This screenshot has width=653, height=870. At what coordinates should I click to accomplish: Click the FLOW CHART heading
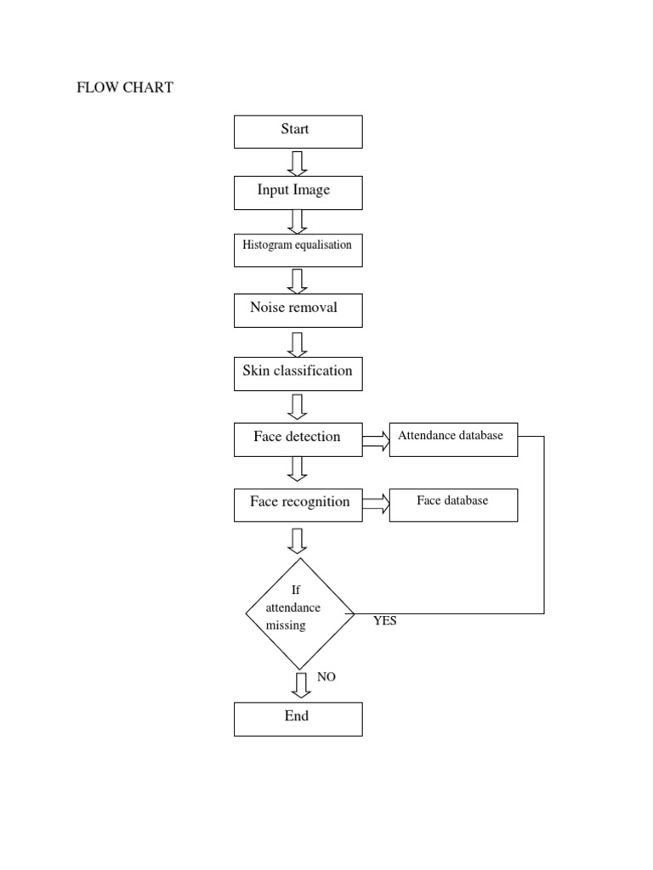coord(125,88)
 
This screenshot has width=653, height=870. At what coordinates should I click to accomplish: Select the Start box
coord(298,132)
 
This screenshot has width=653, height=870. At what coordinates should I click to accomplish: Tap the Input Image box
coord(298,192)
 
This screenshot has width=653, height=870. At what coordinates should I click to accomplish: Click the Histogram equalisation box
coord(298,250)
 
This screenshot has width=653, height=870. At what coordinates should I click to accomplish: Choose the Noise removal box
coord(298,310)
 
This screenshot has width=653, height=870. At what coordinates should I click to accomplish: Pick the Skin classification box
coord(298,374)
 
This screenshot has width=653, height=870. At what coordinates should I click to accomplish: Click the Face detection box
coord(298,439)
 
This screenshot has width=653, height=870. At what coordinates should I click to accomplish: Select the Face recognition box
coord(298,505)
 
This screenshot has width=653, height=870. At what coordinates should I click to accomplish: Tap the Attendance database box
coord(453,439)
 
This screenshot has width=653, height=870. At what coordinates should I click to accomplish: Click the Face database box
coord(453,504)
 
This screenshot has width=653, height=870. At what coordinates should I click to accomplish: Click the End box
coord(298,719)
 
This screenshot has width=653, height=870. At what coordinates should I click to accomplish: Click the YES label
coord(384,621)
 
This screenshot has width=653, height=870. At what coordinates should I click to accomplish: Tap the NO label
coord(326,677)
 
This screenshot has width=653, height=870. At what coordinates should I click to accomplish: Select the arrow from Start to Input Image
coord(297,162)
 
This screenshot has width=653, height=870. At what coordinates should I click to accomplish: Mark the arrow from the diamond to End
coord(300,685)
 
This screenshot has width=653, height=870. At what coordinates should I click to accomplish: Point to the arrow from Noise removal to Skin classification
coord(297,344)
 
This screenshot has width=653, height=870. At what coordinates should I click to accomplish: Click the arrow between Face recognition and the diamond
coord(298,540)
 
